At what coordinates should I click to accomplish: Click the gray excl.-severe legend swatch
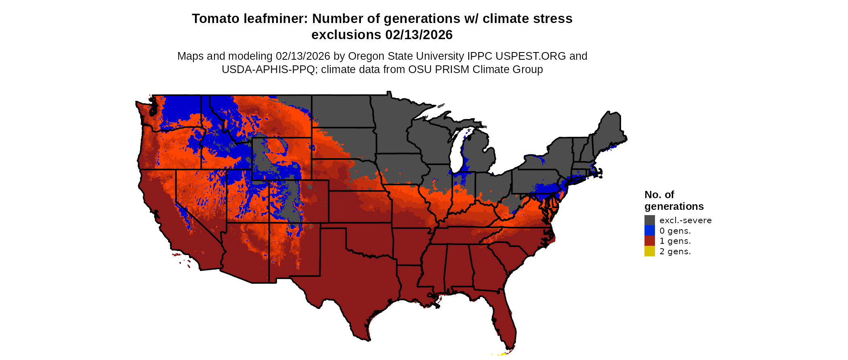[x=649, y=220]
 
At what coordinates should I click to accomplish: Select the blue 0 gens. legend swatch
[x=649, y=230]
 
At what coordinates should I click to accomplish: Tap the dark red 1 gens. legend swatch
[x=649, y=241]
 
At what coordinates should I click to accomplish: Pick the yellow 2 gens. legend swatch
[x=649, y=251]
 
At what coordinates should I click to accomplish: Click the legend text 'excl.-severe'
[x=685, y=220]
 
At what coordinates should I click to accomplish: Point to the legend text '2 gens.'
[x=675, y=251]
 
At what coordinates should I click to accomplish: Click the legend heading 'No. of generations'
[x=674, y=201]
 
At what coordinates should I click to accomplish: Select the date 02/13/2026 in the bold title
[x=419, y=35]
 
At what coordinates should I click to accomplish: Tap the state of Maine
[x=610, y=129]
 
